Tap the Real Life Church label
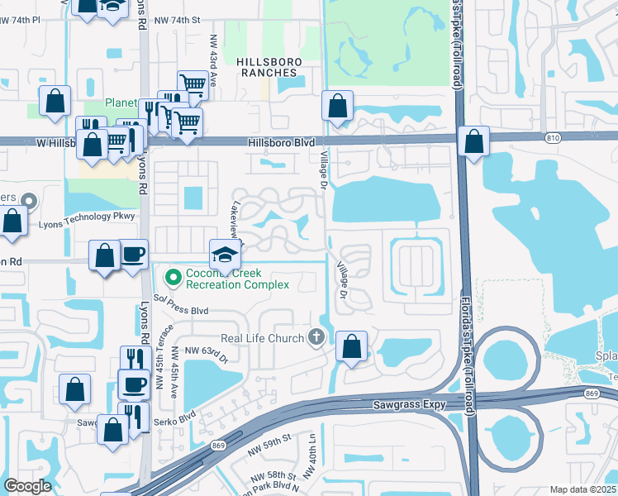point(262,337)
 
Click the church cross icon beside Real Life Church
point(315,336)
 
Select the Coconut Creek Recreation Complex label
point(237,279)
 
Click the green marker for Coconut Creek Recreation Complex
point(174,276)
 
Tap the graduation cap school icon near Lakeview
point(225,253)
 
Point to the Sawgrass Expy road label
point(411,404)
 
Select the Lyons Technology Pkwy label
point(86,216)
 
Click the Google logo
point(27,486)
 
